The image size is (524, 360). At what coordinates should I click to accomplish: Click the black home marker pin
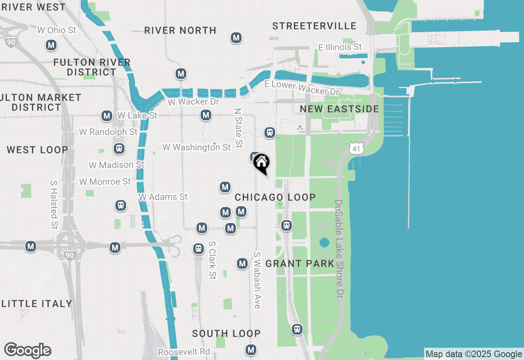coord(261,163)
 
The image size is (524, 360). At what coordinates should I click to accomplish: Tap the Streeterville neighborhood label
coord(314,26)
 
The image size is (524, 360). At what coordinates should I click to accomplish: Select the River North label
coord(180,31)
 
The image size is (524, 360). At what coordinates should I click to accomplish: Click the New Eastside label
coord(339,109)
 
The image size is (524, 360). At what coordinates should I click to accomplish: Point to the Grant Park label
coord(300,264)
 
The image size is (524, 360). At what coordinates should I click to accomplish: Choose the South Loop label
coord(226,334)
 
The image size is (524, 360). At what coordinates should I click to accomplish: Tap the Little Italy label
coord(37,304)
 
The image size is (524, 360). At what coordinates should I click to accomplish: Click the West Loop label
coord(37,150)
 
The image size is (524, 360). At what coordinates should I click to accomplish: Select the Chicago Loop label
coord(275,198)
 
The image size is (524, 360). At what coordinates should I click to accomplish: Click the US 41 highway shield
coord(357,148)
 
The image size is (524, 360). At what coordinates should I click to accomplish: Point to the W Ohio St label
coord(56,30)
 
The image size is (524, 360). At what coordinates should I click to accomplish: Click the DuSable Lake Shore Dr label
coord(339,248)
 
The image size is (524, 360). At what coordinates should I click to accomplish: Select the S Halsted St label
coord(54,205)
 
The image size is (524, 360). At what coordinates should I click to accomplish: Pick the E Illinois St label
coord(340,47)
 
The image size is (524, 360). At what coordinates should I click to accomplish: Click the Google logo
coord(27,351)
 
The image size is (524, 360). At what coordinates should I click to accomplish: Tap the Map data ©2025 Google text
coord(474,354)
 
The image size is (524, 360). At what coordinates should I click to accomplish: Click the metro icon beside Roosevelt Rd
coord(251,350)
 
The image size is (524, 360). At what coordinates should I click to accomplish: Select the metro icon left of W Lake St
coord(107,116)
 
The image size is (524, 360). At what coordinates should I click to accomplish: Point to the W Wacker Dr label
coord(193,102)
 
